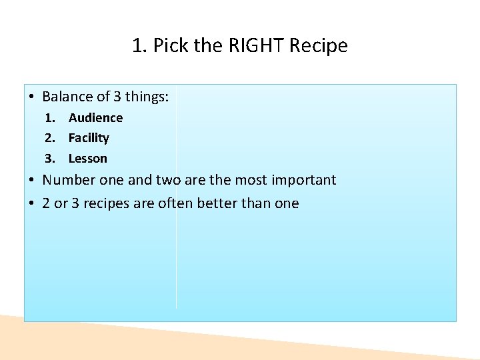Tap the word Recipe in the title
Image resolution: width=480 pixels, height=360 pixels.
click(324, 46)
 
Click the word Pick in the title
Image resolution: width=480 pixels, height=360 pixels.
click(168, 46)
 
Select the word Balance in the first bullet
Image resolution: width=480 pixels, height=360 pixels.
click(66, 97)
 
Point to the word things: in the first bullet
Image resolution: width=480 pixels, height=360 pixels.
click(147, 97)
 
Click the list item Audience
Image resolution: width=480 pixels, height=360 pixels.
click(95, 118)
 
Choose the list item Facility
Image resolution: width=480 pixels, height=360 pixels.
click(89, 138)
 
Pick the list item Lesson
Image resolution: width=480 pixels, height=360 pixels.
click(87, 159)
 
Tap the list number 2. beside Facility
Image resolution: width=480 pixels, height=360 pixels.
click(49, 138)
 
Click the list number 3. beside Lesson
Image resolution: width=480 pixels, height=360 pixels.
click(49, 159)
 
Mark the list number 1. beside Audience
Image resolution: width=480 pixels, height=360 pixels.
click(49, 118)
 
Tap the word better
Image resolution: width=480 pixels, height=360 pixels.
click(204, 203)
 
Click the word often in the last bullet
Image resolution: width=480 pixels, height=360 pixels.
click(173, 203)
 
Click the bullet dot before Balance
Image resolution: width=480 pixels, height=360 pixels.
click(32, 97)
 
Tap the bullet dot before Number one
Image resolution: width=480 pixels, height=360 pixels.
click(32, 180)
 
